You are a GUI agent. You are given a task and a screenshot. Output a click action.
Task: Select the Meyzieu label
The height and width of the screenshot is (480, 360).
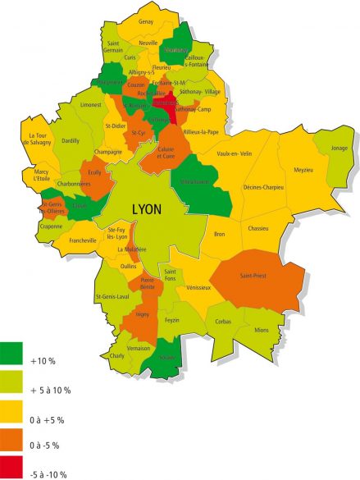304,170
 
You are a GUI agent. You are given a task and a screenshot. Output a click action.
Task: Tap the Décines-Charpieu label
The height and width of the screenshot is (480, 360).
263,188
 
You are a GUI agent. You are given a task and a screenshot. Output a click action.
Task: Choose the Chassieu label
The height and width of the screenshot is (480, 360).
258,228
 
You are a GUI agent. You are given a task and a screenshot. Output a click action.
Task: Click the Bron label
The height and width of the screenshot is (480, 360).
220,235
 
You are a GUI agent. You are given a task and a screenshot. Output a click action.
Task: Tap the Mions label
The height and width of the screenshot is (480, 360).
262,330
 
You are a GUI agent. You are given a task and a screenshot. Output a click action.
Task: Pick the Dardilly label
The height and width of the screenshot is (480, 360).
71,141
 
